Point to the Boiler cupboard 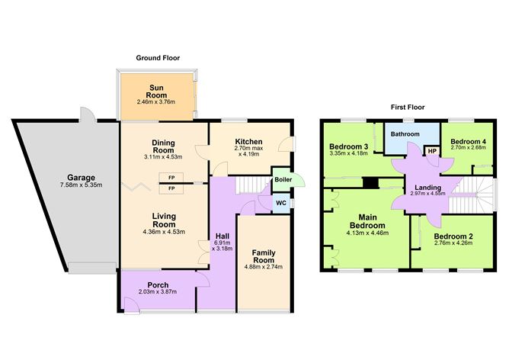click(x=281, y=180)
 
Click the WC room click(x=280, y=204)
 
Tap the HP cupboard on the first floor click(x=432, y=151)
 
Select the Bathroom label click(x=405, y=134)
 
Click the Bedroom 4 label click(x=468, y=141)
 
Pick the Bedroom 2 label click(x=453, y=236)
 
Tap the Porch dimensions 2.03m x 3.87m click(x=158, y=292)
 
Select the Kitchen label click(x=248, y=142)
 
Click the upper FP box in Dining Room click(x=171, y=178)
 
